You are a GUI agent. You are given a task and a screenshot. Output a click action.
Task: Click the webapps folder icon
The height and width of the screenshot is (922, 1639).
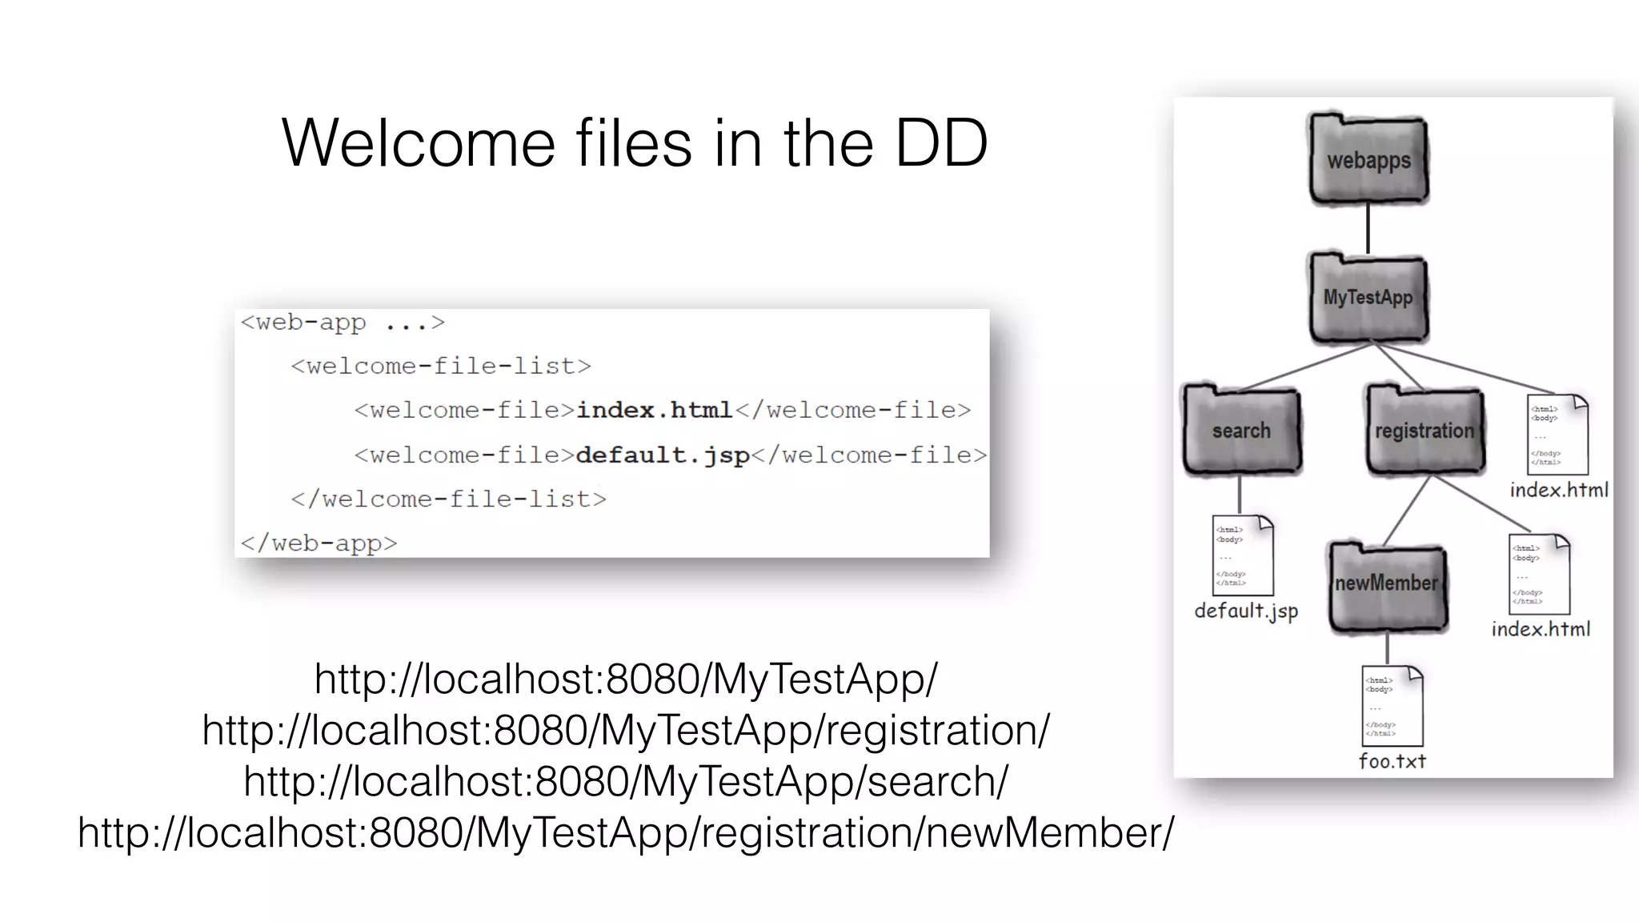[x=1369, y=160]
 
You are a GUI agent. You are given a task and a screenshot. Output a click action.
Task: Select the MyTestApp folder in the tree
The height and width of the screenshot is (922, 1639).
[x=1369, y=298]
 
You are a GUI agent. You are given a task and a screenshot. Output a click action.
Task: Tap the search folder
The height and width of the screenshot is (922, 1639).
[x=1242, y=431]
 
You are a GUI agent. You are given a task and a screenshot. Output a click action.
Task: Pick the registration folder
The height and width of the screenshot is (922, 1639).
[x=1425, y=431]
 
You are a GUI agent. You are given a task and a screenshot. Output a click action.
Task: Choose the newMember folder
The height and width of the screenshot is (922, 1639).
[x=1388, y=584]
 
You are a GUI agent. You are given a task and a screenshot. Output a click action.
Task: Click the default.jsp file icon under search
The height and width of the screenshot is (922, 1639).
[x=1243, y=555]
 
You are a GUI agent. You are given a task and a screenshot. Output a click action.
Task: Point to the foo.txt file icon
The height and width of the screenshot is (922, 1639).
[x=1393, y=706]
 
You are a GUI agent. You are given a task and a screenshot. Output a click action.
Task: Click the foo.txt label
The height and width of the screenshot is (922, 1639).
[x=1393, y=761]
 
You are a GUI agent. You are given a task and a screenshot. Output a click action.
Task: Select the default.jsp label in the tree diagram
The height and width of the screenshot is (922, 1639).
[x=1246, y=611]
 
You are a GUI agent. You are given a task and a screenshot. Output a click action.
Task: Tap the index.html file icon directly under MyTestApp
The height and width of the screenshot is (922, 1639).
[x=1557, y=435]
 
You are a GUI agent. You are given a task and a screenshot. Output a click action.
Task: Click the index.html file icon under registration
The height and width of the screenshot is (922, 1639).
[x=1539, y=575]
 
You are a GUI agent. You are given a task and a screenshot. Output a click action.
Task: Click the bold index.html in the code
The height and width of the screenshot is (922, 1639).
[x=654, y=411]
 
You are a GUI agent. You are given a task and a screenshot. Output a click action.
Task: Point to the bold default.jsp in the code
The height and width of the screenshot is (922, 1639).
[x=663, y=455]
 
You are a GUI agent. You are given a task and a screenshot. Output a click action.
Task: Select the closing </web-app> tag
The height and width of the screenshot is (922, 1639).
[x=319, y=543]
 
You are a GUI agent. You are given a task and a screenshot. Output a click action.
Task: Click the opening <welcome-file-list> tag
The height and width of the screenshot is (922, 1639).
[x=441, y=367]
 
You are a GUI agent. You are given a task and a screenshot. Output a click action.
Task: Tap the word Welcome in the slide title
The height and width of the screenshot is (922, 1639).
[x=419, y=143]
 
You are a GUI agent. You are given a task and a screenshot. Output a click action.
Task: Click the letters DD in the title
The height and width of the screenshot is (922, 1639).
[x=941, y=143]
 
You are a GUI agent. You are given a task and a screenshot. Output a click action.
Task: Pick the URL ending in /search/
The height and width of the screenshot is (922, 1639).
[x=626, y=781]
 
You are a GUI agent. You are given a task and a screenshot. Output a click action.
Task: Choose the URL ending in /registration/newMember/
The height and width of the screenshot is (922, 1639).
[x=626, y=832]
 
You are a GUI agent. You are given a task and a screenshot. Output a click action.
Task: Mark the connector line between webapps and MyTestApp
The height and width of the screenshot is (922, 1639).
[x=1368, y=228]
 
